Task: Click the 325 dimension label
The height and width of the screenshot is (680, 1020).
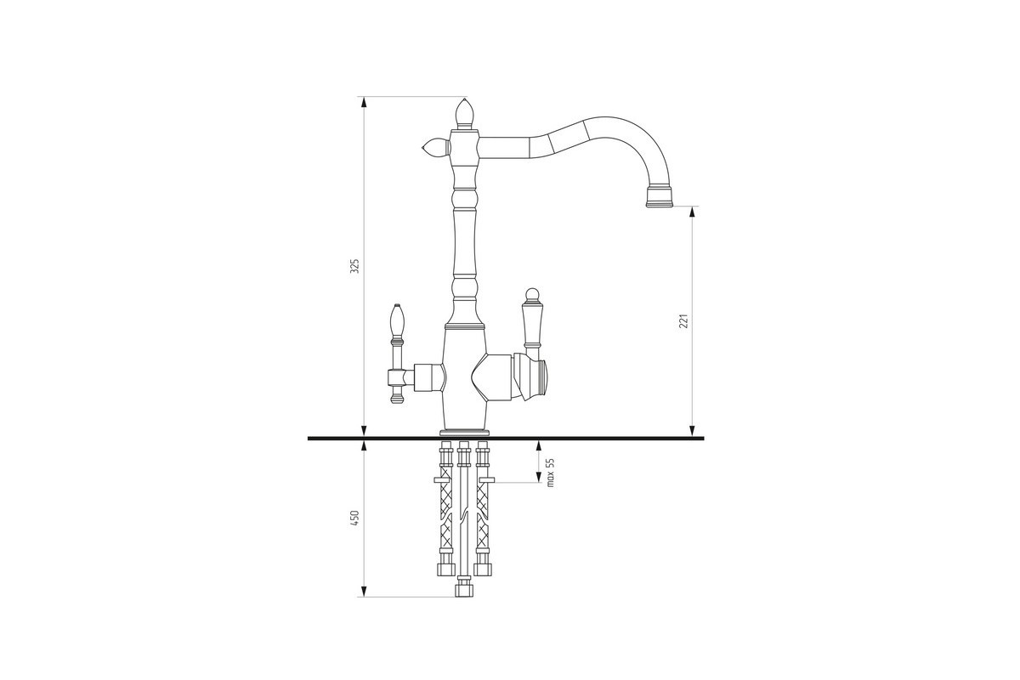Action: tap(355, 266)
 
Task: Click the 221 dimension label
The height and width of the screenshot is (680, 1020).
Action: tap(683, 321)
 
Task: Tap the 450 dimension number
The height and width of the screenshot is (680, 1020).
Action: tap(355, 519)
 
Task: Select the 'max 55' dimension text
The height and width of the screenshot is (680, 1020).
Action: tap(551, 473)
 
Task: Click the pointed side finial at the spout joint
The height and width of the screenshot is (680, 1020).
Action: tap(435, 148)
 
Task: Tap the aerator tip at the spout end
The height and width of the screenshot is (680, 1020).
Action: tap(660, 196)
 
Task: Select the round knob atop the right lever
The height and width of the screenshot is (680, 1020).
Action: tap(531, 295)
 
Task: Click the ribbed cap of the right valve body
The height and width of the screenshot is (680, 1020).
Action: tap(543, 377)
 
